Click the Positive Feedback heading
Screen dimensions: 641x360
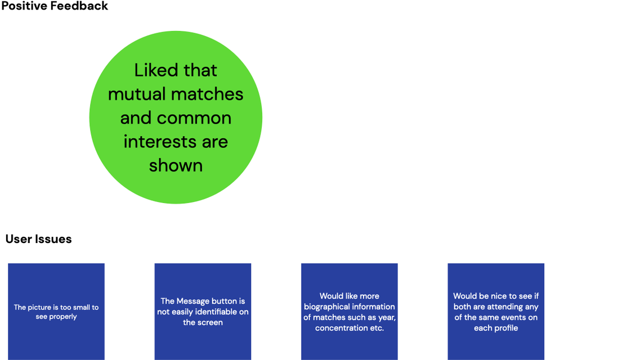tap(55, 6)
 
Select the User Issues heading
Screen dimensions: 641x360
tap(38, 239)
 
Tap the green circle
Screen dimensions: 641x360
tap(176, 117)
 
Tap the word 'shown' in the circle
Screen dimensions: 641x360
tap(176, 165)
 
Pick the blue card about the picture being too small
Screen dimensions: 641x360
tap(56, 312)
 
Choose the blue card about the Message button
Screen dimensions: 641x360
tap(203, 312)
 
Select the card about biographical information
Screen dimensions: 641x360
tap(349, 312)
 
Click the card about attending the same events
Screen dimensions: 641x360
tap(496, 312)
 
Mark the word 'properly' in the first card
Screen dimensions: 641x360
tap(62, 317)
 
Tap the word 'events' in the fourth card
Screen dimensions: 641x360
tap(516, 317)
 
